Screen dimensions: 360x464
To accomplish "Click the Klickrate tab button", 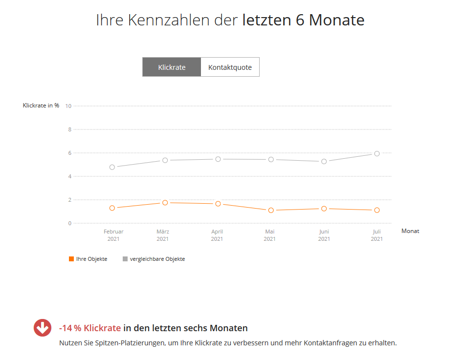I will pos(172,67).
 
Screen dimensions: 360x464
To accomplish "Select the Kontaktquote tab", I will pos(230,67).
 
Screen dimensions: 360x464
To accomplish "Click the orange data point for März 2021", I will pos(165,203).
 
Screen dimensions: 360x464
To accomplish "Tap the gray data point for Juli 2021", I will pos(377,153).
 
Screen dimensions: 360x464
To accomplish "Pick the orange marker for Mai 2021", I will pos(270,211).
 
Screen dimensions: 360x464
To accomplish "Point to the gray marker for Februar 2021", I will pos(112,167).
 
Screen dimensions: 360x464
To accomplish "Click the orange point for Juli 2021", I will pos(377,211).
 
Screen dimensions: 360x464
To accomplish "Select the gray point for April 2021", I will pos(218,159).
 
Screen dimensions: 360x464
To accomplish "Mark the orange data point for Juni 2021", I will pos(324,209).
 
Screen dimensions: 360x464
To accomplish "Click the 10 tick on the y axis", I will pos(68,106).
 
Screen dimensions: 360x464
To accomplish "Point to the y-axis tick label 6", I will pos(69,153).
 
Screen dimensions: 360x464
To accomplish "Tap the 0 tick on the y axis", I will pos(69,223).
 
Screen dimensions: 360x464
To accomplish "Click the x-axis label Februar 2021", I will pos(113,235).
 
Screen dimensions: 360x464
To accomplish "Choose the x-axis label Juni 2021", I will pos(324,235).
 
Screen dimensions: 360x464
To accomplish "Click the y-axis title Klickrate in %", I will pos(41,106).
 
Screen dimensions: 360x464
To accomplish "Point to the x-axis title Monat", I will pos(410,231).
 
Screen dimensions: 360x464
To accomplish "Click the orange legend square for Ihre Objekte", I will pos(71,259).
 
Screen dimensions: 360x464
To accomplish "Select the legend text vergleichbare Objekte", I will pos(157,259).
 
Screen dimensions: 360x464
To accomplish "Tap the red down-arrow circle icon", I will pos(43,328).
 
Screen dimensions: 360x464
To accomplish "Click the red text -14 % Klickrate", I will pos(90,328).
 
